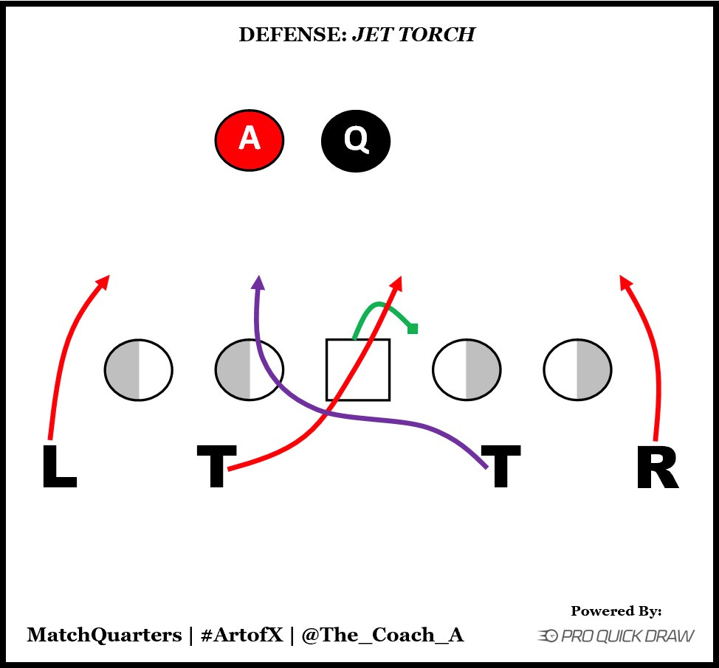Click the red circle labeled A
tap(250, 139)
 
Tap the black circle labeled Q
tap(356, 139)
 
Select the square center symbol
tap(358, 369)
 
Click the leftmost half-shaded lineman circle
tap(139, 369)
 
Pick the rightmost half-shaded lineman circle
tap(577, 369)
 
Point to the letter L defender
tap(58, 467)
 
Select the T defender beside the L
tap(216, 467)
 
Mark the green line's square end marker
tap(413, 329)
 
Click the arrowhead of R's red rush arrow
tap(624, 279)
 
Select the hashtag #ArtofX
tap(241, 635)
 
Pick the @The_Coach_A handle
tap(382, 635)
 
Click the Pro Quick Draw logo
tap(616, 635)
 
